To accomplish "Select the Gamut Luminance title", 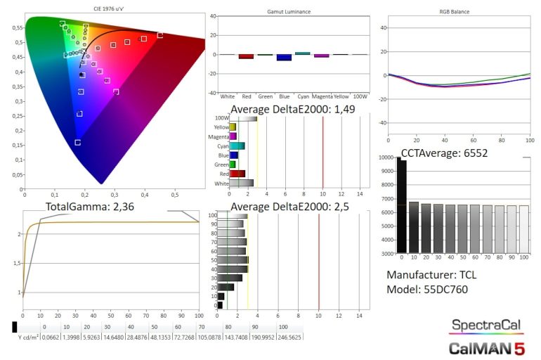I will click(289, 12).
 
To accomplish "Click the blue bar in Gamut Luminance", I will click(284, 58).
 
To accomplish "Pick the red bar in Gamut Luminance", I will click(246, 56).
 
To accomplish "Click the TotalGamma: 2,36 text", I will click(89, 207).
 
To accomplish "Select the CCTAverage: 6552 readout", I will click(443, 153).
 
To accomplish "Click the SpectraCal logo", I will click(485, 326).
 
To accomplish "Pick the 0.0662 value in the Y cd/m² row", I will click(50, 337).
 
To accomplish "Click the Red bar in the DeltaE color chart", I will click(237, 173).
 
